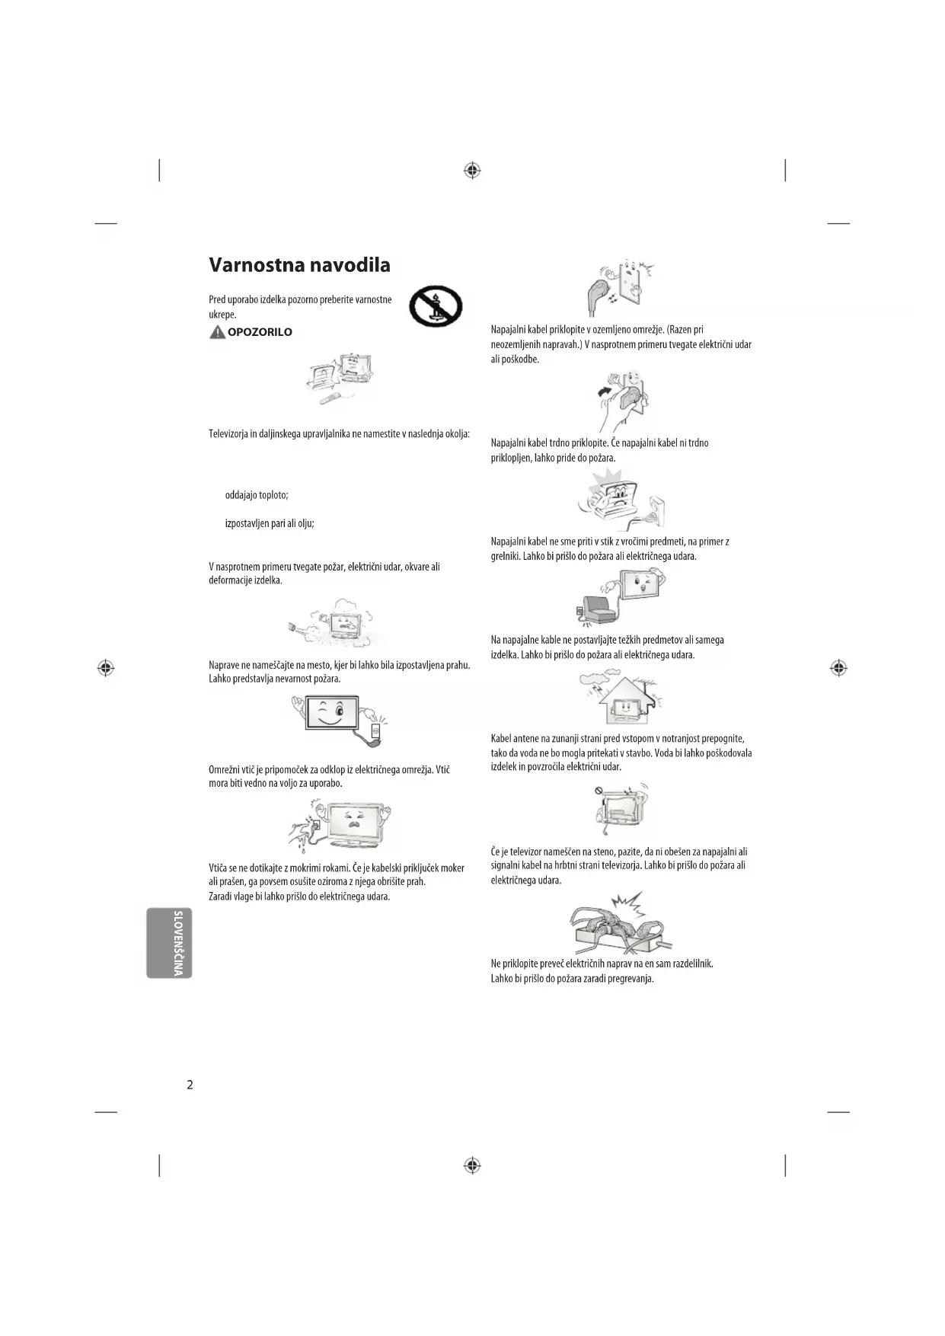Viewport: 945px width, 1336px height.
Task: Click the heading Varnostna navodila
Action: click(299, 265)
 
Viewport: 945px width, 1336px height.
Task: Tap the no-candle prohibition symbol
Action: click(436, 306)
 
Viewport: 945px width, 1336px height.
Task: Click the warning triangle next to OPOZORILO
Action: click(217, 332)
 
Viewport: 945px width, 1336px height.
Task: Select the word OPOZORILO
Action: click(260, 332)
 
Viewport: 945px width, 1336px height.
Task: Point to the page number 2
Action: click(190, 1085)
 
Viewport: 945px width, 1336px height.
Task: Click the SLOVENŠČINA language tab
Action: click(170, 942)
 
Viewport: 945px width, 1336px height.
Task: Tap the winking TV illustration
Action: click(340, 720)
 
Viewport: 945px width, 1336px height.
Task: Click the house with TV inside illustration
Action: click(621, 698)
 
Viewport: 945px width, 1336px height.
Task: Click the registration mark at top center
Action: click(472, 170)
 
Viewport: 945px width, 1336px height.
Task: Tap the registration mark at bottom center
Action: click(472, 1165)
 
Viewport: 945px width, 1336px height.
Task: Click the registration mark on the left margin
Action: click(106, 668)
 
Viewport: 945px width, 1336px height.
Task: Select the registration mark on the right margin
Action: click(838, 668)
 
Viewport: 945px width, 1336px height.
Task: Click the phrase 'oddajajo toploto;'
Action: click(257, 495)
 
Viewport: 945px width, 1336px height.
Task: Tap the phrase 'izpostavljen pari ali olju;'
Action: click(270, 523)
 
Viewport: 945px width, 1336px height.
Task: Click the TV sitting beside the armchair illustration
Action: click(621, 599)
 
